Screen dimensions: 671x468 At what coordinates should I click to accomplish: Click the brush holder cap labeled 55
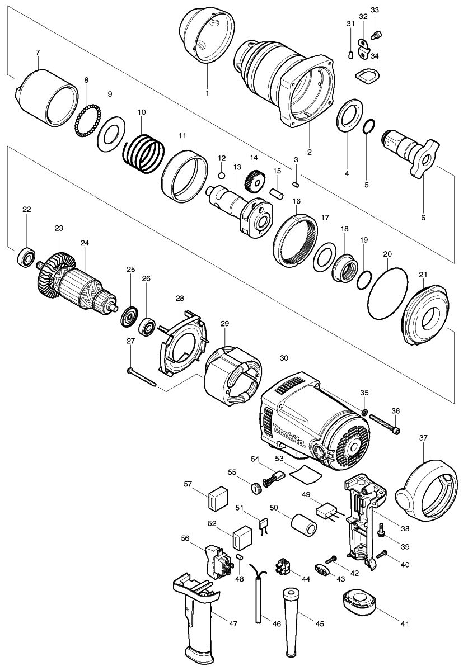pyautogui.click(x=258, y=488)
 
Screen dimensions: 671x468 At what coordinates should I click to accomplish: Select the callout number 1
pyautogui.click(x=207, y=93)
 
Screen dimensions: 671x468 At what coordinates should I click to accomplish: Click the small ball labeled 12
pyautogui.click(x=221, y=176)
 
